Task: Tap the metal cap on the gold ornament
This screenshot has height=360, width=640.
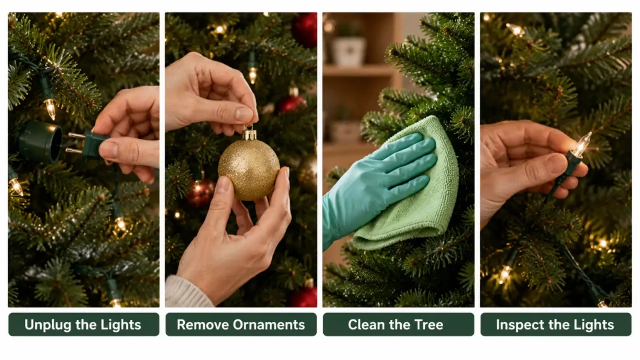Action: click(249, 134)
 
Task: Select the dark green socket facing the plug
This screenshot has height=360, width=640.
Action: click(39, 141)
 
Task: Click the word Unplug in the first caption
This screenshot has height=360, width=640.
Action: click(47, 325)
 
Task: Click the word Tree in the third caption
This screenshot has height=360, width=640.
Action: click(429, 325)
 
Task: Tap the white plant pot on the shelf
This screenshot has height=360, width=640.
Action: click(348, 51)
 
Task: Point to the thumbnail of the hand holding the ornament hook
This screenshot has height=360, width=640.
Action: click(244, 114)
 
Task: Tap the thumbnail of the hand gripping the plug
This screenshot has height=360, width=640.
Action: click(108, 149)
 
